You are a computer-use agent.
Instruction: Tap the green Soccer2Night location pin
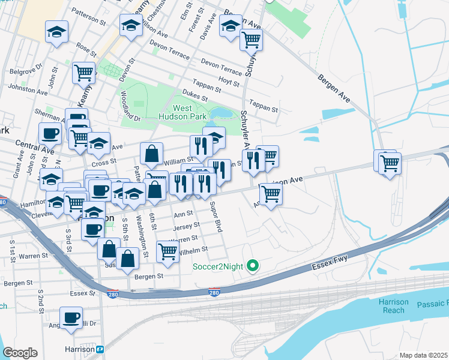253,265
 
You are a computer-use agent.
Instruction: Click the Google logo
20,352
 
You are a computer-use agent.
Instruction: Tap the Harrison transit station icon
100,349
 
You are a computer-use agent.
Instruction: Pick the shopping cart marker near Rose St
83,73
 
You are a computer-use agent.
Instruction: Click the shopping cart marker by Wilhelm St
167,250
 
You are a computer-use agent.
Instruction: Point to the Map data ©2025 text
423,355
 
